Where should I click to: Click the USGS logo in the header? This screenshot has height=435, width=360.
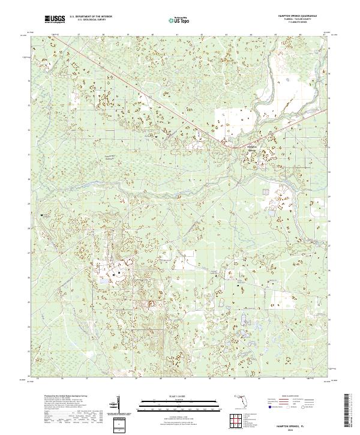coord(55,20)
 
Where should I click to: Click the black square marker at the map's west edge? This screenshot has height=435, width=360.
coord(42,215)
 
